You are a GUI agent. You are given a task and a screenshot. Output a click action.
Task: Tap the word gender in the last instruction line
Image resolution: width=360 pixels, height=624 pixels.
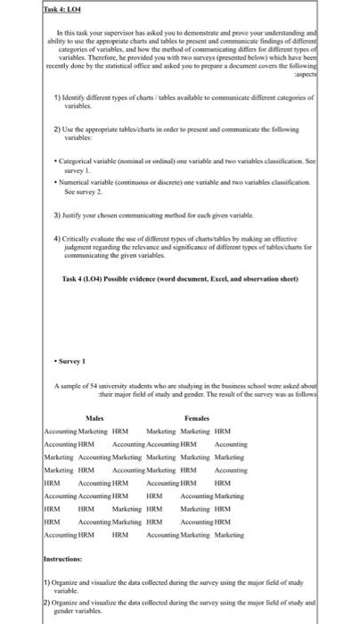[x=65, y=616]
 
